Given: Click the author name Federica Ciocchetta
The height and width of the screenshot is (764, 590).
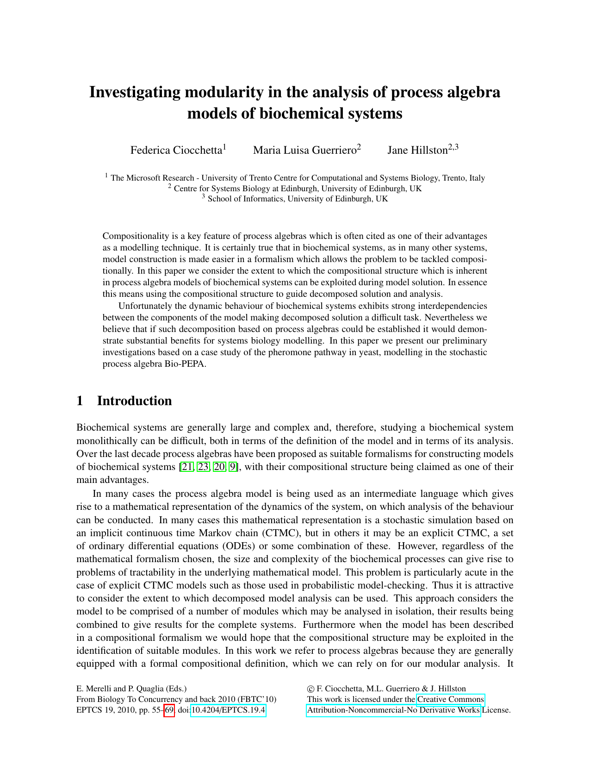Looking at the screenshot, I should [x=176, y=150].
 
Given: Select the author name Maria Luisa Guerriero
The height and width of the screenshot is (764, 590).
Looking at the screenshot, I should [x=305, y=150].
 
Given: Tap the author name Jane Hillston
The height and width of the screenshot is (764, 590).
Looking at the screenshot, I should [x=417, y=150].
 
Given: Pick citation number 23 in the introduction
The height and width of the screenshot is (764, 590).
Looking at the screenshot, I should [x=203, y=467].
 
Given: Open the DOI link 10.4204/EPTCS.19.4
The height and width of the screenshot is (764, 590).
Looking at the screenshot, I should [x=228, y=710].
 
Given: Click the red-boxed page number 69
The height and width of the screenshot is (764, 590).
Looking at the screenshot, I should [x=169, y=710].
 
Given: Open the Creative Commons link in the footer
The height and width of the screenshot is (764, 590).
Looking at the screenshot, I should [x=450, y=699].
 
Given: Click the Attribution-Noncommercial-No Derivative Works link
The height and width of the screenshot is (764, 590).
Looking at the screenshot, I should [x=393, y=710].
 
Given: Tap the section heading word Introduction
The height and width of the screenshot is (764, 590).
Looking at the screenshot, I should [x=134, y=401].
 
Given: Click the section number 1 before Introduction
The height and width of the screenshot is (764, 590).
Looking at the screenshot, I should [x=80, y=401].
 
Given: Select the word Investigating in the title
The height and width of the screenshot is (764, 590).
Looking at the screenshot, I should [x=135, y=92].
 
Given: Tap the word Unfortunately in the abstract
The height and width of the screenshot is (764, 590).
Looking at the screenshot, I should [x=147, y=306].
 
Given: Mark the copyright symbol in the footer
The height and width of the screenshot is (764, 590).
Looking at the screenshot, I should [x=310, y=689].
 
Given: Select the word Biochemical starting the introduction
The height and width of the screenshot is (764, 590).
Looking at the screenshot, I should [x=100, y=427].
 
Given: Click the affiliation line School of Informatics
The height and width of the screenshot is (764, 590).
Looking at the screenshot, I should [x=298, y=199].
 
